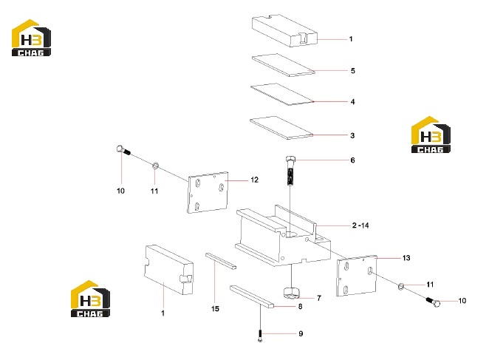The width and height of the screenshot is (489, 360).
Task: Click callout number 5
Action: coord(353,71)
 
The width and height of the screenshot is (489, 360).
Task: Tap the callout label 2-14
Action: coord(360,225)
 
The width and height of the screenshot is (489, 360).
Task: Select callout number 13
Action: coord(406,258)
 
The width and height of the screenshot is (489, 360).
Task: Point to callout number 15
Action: coord(215,309)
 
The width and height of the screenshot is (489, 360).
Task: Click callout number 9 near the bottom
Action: coord(301,334)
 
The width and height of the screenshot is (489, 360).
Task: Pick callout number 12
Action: coord(255,180)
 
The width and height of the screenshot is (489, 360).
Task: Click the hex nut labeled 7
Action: coord(291,293)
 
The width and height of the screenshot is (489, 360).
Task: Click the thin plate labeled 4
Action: coord(282,94)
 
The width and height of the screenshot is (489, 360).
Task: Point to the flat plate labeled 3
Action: coord(281,127)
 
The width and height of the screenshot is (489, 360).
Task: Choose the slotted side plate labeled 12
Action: coord(208,192)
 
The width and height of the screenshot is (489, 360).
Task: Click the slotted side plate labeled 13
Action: coord(357,276)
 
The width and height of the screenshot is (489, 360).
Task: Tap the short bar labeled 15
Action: coord(221,261)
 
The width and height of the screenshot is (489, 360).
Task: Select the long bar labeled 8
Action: coord(252,296)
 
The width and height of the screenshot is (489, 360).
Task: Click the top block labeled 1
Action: coord(284,30)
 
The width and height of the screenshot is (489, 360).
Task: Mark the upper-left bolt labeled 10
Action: coord(123,150)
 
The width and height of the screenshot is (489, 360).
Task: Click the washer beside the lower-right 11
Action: coord(401,286)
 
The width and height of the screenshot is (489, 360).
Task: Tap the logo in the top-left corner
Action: coord(31,38)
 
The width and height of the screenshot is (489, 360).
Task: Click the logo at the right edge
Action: coord(431,135)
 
